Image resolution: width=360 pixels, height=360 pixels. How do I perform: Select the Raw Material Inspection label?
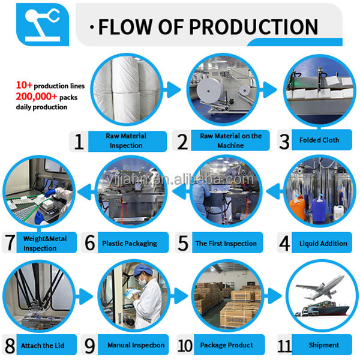point(126,140)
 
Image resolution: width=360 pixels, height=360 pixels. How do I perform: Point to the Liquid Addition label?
point(323,243)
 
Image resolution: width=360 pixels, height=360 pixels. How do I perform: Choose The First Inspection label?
point(226,243)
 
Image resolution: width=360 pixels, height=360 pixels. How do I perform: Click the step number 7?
point(10,243)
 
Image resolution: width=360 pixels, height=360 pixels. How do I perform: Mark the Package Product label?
point(226,345)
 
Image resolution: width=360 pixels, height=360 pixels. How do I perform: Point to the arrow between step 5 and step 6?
point(181,191)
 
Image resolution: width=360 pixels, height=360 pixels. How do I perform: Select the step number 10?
point(185,346)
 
